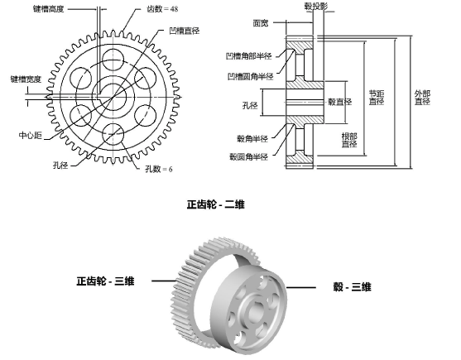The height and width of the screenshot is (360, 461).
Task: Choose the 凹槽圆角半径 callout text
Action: tap(252, 76)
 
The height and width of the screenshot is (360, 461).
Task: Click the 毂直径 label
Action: tap(340, 102)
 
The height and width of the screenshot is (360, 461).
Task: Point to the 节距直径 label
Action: tap(377, 97)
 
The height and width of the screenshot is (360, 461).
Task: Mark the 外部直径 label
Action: tap(422, 98)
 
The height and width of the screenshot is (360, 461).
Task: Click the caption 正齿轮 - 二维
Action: tap(217, 202)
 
